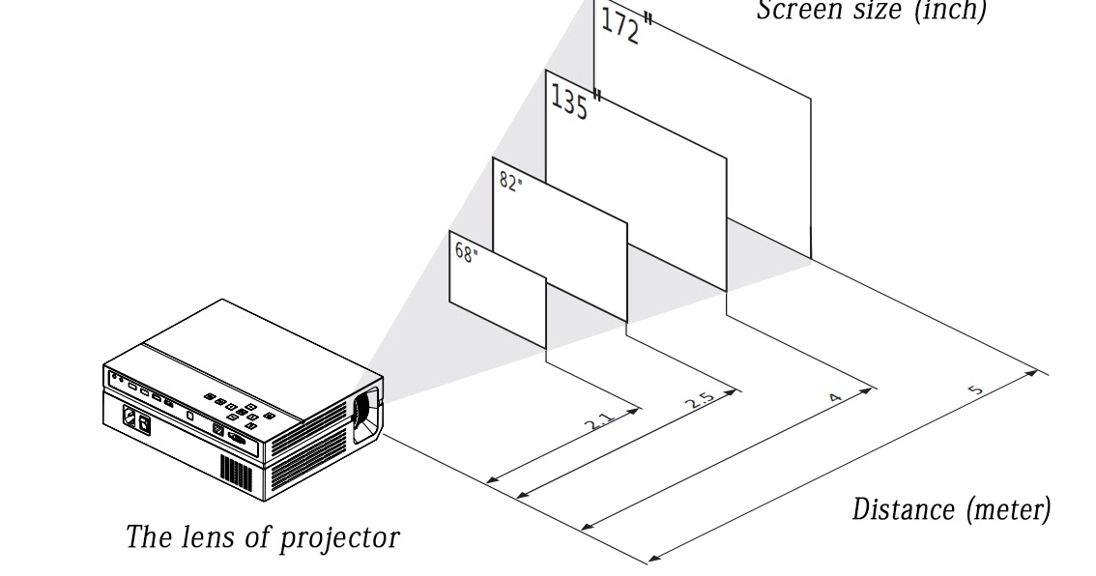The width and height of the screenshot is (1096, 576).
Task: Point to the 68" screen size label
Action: [466, 253]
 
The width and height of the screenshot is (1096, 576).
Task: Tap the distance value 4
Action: [836, 397]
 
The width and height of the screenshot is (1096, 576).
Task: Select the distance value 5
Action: [976, 389]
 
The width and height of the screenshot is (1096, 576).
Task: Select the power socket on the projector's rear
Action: [129, 418]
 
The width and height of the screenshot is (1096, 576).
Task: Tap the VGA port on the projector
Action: [238, 439]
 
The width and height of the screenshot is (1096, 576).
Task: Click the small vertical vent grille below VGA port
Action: [235, 470]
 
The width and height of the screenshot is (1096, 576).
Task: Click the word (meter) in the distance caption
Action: [1007, 508]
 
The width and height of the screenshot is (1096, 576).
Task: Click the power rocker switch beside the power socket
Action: [145, 422]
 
